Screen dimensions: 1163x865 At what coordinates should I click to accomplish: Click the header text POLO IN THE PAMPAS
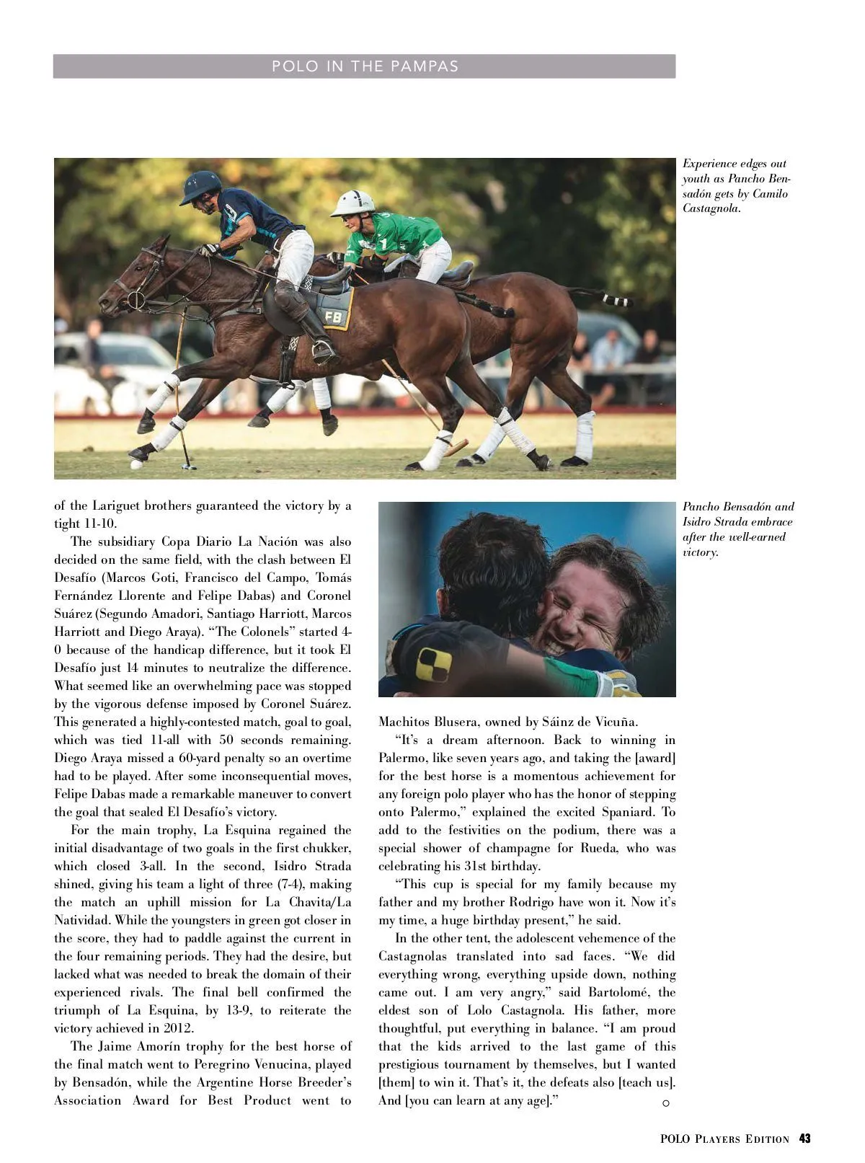coord(365,66)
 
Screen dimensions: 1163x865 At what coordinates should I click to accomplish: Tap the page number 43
coord(804,1138)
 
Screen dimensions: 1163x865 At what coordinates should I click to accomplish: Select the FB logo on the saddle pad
coord(334,317)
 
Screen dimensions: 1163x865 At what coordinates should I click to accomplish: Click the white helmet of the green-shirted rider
coord(353,203)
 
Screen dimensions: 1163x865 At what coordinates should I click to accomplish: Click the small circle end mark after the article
coord(665,1103)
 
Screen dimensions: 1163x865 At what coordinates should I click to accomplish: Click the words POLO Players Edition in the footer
coord(724,1139)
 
